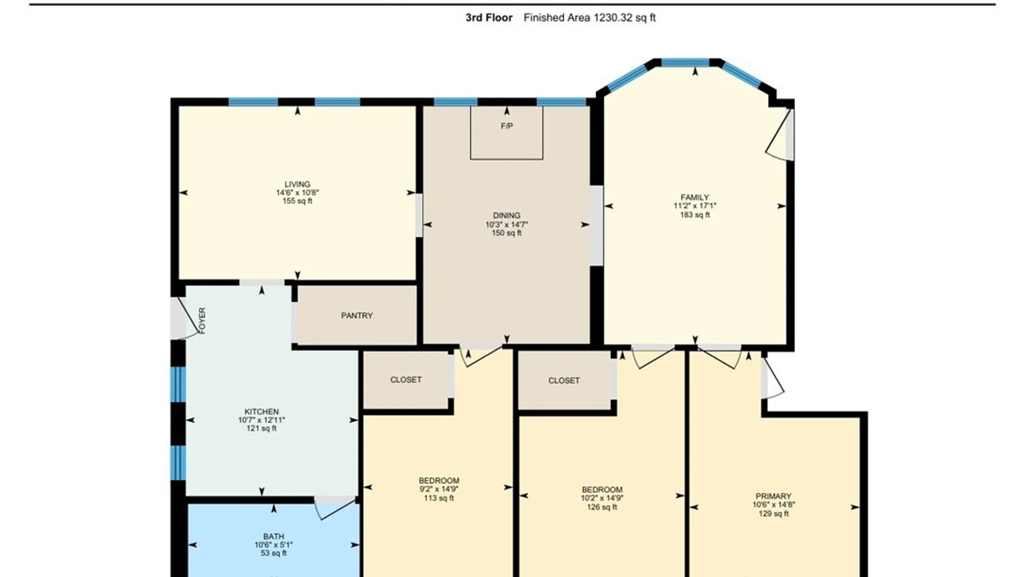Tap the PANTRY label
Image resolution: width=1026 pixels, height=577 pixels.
point(357,316)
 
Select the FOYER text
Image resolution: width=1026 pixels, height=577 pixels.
point(202,321)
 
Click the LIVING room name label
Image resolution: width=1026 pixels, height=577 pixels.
point(297,184)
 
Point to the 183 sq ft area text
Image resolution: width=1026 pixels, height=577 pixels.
point(695,215)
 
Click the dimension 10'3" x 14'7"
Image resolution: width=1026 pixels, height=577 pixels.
point(507,224)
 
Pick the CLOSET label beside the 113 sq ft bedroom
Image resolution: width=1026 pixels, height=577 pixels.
point(406,380)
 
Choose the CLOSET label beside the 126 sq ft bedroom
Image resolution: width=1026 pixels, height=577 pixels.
point(564,380)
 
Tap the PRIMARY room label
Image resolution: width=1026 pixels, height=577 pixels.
point(773,496)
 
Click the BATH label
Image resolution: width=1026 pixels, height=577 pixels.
point(274,536)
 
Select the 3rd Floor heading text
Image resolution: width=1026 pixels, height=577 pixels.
point(488,18)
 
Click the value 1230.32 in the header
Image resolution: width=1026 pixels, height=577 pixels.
point(612,18)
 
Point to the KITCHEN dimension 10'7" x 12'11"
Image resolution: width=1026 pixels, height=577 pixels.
point(261,420)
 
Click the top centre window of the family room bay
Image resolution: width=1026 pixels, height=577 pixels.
point(685,63)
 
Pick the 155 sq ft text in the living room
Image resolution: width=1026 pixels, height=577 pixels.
point(297,201)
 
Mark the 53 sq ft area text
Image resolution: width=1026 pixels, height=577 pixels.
point(274,553)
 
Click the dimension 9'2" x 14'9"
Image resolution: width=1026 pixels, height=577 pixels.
point(439,489)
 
